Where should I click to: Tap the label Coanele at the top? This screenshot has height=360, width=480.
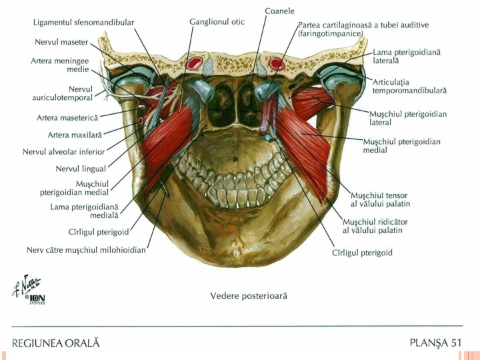click(279, 11)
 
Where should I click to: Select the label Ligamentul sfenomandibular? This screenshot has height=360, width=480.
click(83, 22)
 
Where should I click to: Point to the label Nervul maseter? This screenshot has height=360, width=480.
click(61, 41)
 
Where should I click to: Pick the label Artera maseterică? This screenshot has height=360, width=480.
click(67, 117)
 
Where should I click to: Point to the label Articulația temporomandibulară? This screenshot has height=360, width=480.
click(409, 85)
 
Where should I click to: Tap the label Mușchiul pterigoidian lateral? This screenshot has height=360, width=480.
click(408, 118)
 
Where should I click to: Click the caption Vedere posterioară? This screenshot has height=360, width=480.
click(249, 295)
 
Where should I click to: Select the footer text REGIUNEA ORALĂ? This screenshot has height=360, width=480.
click(55, 343)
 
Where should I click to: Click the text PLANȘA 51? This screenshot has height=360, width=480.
click(435, 343)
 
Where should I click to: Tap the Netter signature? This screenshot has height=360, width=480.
click(25, 287)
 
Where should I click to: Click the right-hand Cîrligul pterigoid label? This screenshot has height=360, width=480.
click(362, 253)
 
